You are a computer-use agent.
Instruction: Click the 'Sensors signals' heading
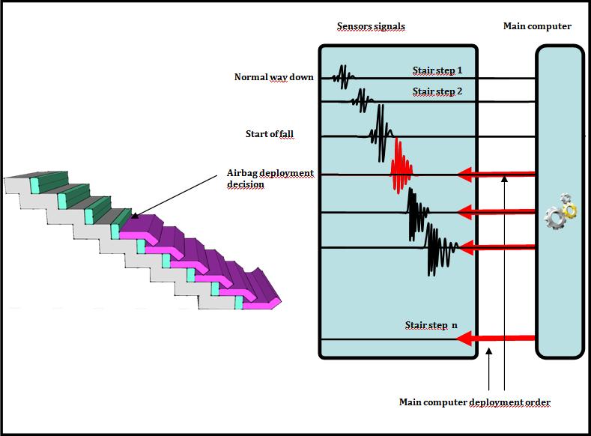(x=371, y=27)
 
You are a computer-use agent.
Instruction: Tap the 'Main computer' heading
(x=537, y=27)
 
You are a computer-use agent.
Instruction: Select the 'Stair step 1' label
(x=437, y=71)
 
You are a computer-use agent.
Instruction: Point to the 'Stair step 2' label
(x=437, y=92)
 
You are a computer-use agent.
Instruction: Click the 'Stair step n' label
(x=431, y=326)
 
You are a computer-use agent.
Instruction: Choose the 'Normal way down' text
(x=273, y=77)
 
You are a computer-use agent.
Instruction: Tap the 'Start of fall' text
(x=270, y=135)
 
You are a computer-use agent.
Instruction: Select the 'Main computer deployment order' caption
(x=475, y=403)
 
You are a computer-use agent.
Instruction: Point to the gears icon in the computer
(x=560, y=211)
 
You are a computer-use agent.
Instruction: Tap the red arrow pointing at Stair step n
(x=494, y=339)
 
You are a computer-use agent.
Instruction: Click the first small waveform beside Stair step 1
(x=344, y=76)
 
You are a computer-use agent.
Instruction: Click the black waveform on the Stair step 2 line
(x=363, y=98)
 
